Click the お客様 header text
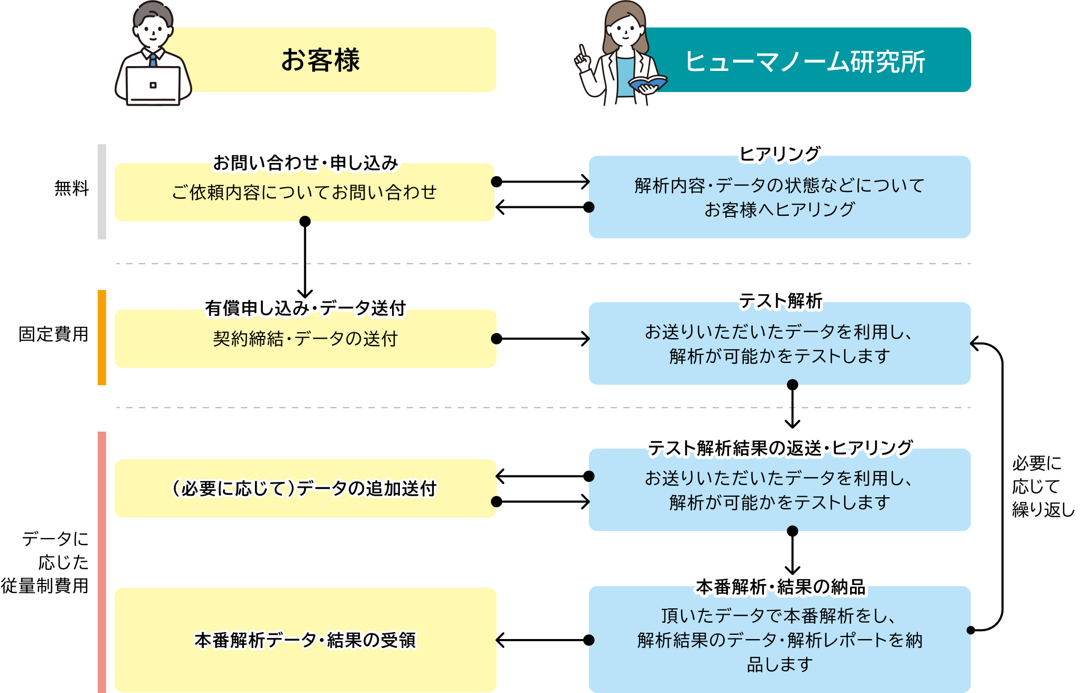pos(320,60)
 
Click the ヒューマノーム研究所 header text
pos(805,61)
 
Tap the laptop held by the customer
pos(153,86)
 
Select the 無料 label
pos(71,188)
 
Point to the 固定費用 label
pos(53,334)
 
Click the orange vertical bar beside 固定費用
pos(102,338)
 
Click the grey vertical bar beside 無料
pos(102,192)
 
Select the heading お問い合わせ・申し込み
pos(305,163)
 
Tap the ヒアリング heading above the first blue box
pos(779,154)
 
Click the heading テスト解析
pos(780,300)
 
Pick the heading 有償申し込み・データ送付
pos(305,308)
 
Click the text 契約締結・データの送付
pos(305,339)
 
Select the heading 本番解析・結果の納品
pos(780,587)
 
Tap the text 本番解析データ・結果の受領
pos(305,640)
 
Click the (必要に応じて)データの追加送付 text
pos(304,488)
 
